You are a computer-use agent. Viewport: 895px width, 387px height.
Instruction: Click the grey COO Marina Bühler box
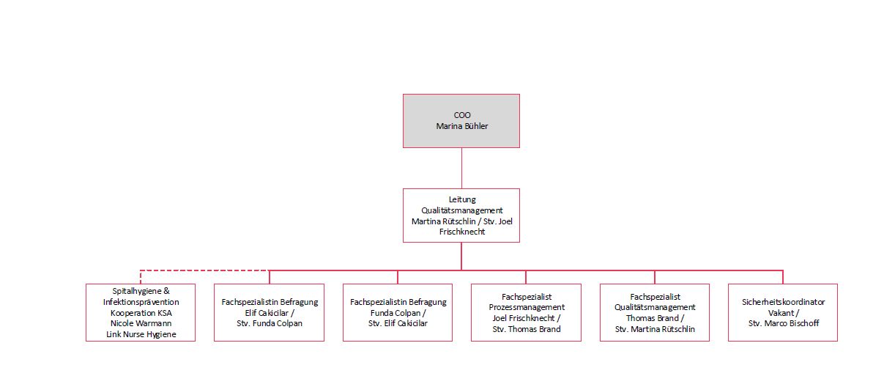click(461, 121)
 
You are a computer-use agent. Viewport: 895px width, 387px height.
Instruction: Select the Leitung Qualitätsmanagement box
click(461, 215)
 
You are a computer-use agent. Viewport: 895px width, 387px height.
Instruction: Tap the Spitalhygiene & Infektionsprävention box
click(141, 313)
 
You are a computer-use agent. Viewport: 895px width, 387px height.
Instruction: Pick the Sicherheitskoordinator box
click(783, 313)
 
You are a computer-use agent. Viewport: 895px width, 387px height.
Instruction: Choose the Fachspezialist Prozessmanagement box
click(526, 313)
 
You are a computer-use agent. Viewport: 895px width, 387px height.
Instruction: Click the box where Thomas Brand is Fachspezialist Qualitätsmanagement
click(655, 313)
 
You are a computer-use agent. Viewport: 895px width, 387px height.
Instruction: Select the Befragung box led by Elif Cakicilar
click(269, 313)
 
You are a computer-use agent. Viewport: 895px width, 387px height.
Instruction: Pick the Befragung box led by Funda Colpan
click(398, 313)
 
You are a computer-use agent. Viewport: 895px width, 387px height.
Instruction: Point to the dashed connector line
click(204, 270)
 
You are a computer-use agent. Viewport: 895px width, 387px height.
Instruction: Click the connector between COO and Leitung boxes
click(461, 169)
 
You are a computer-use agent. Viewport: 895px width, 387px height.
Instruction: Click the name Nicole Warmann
click(141, 323)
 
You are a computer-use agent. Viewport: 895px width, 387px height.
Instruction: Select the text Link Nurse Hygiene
click(141, 334)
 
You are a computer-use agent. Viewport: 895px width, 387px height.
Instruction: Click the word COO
click(462, 115)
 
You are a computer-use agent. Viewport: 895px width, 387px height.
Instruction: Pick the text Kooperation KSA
click(141, 313)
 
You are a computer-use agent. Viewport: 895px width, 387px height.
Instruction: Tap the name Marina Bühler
click(462, 126)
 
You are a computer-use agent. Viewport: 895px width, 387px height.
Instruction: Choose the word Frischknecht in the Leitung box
click(462, 232)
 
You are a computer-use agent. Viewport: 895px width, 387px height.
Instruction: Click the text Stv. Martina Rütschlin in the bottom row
click(655, 329)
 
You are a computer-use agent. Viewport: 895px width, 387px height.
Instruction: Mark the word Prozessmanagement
click(527, 307)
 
